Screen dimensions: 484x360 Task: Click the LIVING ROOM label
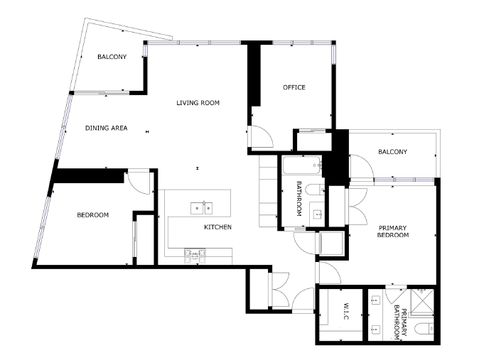(198, 103)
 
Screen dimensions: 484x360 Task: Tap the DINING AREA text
(106, 128)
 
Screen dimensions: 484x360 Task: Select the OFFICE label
(294, 87)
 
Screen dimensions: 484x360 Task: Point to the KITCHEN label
(217, 227)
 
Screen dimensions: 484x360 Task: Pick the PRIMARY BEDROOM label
(392, 231)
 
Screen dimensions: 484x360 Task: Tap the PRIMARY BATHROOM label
(401, 322)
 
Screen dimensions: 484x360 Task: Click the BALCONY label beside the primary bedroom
(392, 152)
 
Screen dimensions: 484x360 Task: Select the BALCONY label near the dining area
(112, 57)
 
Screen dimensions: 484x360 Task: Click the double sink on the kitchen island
(201, 208)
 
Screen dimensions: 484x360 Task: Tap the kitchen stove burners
(195, 256)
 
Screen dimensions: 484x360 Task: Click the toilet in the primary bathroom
(424, 329)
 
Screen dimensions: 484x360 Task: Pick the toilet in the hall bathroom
(315, 190)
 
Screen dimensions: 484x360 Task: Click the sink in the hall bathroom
(317, 214)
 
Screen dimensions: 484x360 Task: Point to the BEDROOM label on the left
(92, 215)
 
